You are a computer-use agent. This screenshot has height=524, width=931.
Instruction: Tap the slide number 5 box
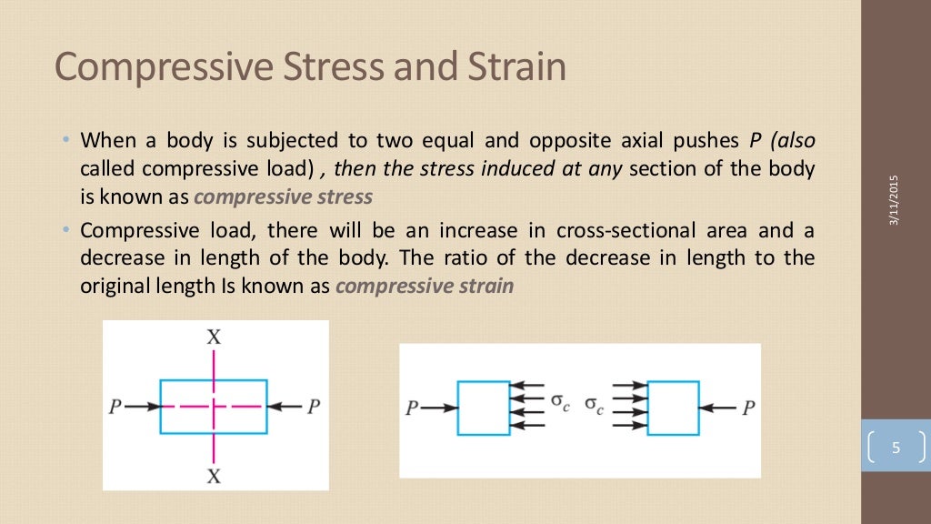(x=896, y=448)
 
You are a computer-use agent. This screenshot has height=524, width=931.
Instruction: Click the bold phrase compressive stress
(x=283, y=196)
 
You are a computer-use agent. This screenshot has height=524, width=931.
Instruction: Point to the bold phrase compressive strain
(x=425, y=286)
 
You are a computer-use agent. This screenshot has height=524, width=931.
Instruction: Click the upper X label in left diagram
(x=214, y=337)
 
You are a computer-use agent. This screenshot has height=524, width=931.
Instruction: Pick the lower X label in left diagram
(x=214, y=474)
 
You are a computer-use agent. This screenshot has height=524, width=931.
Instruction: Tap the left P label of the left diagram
(x=115, y=407)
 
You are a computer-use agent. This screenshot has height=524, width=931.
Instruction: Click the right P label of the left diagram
(x=313, y=407)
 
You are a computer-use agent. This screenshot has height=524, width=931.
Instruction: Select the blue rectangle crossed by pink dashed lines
(x=214, y=407)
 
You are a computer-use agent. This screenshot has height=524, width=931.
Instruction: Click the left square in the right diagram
(x=484, y=408)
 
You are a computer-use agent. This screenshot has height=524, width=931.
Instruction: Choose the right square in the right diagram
(x=673, y=408)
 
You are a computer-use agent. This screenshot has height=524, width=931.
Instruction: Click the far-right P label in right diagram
(x=747, y=408)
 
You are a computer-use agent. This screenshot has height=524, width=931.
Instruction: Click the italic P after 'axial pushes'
(x=754, y=141)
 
